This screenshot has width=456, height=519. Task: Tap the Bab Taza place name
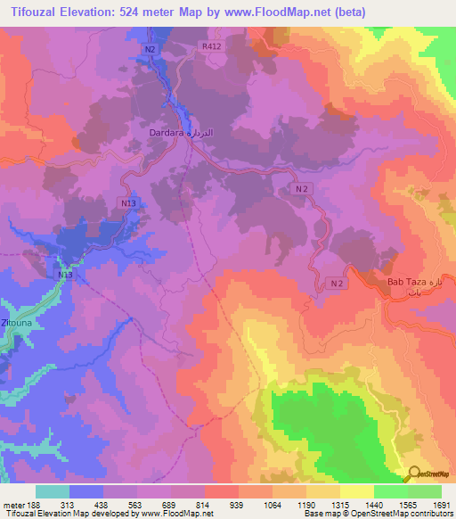pyautogui.click(x=407, y=283)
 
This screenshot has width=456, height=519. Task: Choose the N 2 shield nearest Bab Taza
pyautogui.click(x=335, y=283)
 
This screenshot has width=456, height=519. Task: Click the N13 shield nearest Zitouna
pyautogui.click(x=65, y=275)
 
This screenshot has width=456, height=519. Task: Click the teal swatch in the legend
pyautogui.click(x=53, y=491)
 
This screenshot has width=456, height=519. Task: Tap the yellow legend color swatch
pyautogui.click(x=357, y=491)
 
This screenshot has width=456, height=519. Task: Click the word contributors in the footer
pyautogui.click(x=430, y=514)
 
